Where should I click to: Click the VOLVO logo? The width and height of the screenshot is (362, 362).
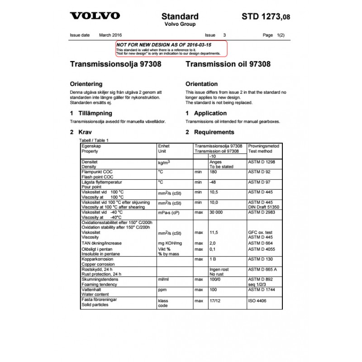95,16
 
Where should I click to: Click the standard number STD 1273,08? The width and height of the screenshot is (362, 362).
266,17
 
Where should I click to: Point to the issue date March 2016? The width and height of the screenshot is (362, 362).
110,35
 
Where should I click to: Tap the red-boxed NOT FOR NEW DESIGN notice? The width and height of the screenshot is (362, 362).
171,48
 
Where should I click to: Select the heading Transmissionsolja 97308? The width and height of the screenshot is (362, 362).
115,64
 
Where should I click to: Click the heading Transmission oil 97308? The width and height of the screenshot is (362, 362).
228,64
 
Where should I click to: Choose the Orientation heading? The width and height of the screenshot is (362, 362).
201,84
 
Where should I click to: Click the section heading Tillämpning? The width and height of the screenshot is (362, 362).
95,113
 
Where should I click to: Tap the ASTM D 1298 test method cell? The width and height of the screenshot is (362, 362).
262,162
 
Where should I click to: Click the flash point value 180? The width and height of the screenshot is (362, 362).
213,172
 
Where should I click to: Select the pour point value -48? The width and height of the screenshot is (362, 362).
213,182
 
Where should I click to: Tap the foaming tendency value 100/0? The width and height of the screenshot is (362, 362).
215,280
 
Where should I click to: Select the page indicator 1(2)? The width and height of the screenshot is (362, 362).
281,35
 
